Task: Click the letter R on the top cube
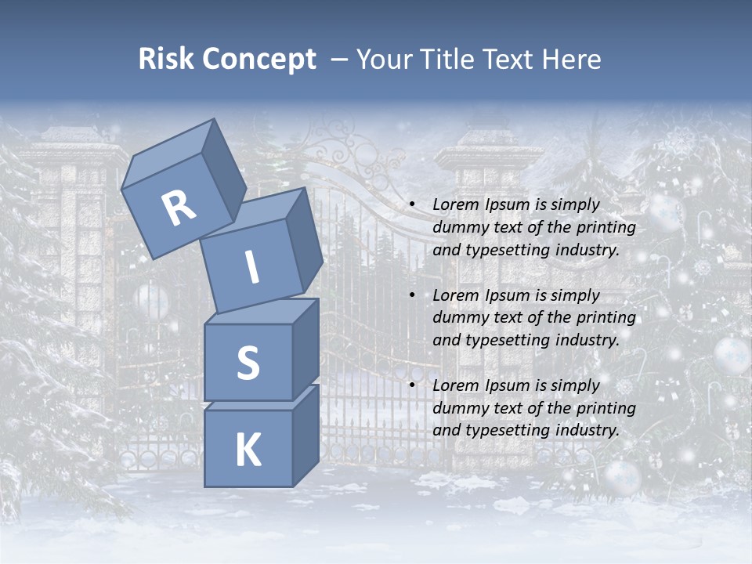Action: point(179,208)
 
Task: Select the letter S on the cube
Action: point(248,363)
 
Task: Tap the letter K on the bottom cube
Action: point(248,450)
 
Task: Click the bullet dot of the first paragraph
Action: point(411,205)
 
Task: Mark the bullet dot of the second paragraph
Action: point(411,295)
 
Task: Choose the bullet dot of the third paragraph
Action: point(411,385)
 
